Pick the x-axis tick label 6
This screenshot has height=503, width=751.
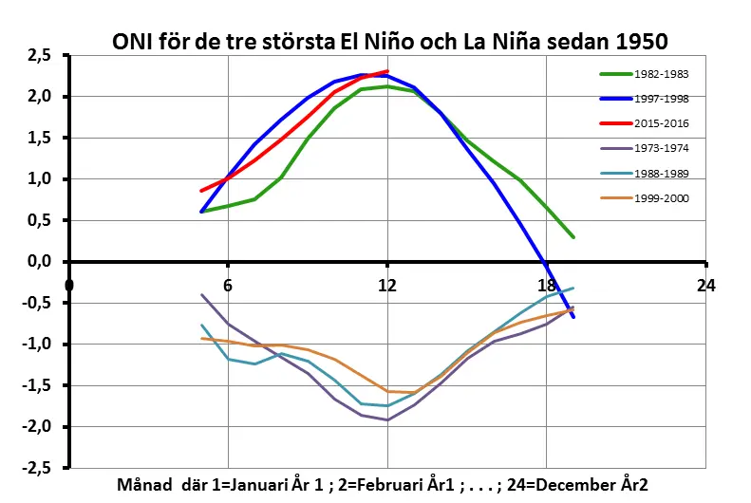tap(228, 285)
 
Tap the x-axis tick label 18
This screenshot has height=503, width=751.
tap(547, 285)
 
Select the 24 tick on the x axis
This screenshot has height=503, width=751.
tap(704, 285)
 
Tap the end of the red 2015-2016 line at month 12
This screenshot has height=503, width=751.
tap(387, 71)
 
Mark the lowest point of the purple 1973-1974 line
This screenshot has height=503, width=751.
tap(387, 419)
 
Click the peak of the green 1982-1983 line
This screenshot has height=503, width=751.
tap(387, 86)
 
